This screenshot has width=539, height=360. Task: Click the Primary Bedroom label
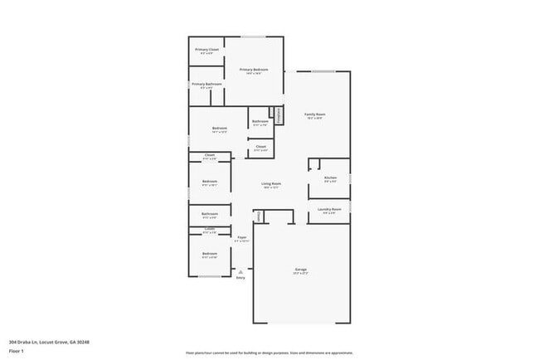tap(254, 70)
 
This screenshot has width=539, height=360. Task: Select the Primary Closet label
tap(207, 50)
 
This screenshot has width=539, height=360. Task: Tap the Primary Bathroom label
tap(207, 84)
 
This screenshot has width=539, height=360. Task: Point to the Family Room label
tap(314, 114)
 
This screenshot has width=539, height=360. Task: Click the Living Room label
tap(271, 183)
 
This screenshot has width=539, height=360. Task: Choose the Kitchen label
tap(329, 178)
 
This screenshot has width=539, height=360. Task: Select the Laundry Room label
tap(329, 210)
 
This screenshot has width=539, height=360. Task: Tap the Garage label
tap(300, 269)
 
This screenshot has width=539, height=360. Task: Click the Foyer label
tap(241, 237)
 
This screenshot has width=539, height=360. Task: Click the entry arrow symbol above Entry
tap(240, 270)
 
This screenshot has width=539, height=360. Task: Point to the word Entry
tap(240, 278)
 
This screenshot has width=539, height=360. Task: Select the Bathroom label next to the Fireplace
tap(260, 122)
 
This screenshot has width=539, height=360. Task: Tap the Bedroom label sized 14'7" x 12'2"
tap(219, 128)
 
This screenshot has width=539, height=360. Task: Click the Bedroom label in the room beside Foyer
tap(210, 253)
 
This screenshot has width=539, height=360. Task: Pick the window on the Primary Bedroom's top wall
tap(254, 36)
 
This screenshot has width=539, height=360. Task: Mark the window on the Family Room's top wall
tap(323, 71)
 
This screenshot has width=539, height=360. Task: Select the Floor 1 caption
tap(17, 352)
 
